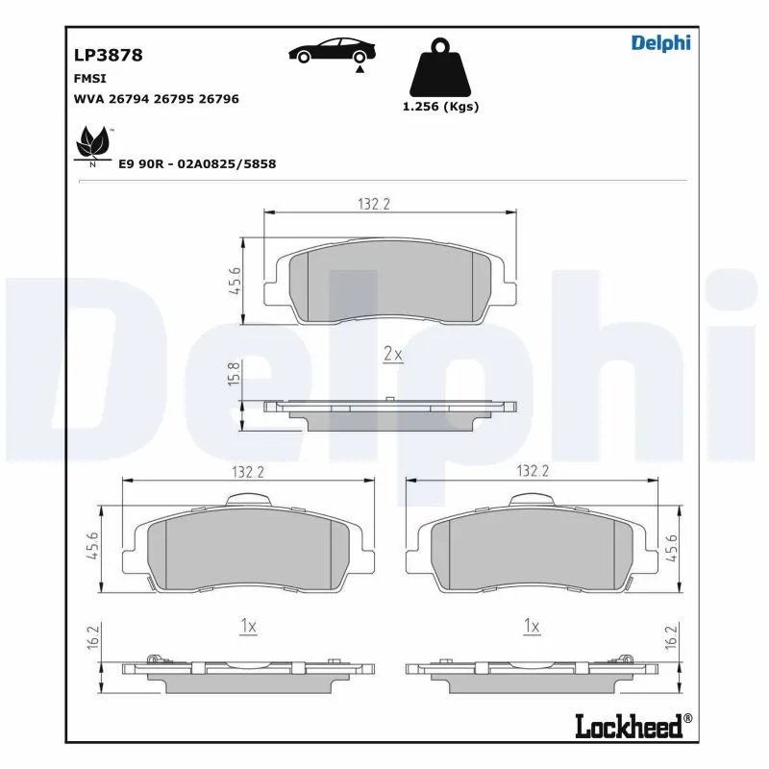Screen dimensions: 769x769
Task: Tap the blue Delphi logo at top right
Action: (x=660, y=42)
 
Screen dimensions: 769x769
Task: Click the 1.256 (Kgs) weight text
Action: (x=439, y=107)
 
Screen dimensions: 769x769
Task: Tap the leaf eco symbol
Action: (x=93, y=144)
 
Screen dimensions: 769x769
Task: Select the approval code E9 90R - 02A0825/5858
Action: (x=197, y=164)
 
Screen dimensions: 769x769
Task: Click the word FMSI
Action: (x=89, y=78)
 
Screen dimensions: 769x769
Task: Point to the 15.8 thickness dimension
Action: (x=231, y=374)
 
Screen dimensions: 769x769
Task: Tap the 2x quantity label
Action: (x=392, y=354)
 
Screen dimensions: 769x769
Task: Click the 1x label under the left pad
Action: (x=247, y=626)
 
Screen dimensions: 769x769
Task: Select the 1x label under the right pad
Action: (x=531, y=626)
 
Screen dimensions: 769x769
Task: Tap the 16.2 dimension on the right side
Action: (x=671, y=637)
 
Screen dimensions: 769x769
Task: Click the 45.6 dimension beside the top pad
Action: (x=233, y=283)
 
